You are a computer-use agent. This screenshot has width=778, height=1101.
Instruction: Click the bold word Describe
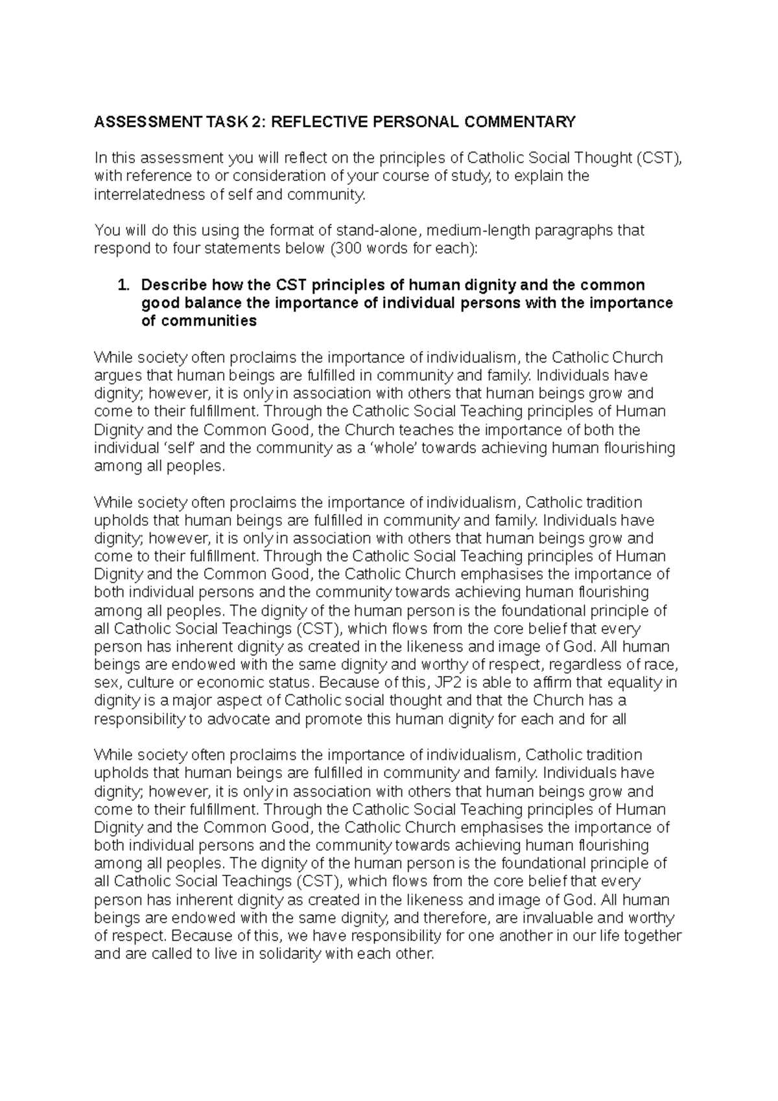coord(172,285)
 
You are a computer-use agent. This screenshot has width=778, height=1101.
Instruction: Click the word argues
coord(116,375)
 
